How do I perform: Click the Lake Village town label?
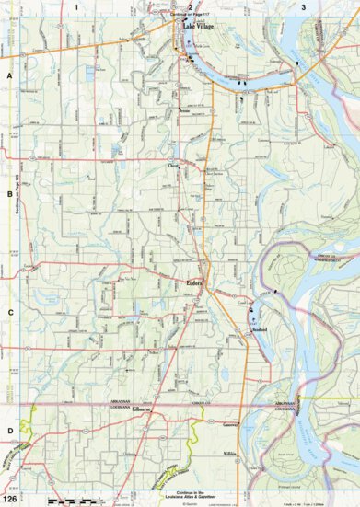(x=197, y=28)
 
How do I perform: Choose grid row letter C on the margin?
(x=9, y=312)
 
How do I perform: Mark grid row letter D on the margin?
(x=9, y=430)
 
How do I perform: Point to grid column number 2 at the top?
(x=190, y=6)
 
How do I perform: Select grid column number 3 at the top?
(x=304, y=6)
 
